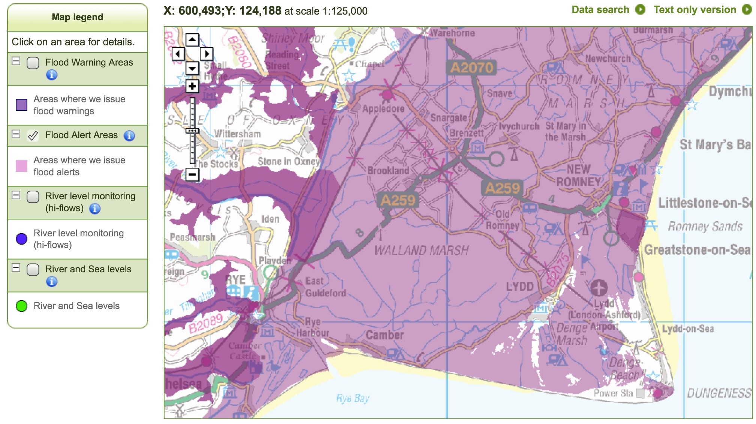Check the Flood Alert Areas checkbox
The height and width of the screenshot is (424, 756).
[x=33, y=136]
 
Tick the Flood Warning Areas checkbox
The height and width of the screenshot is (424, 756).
[x=33, y=63]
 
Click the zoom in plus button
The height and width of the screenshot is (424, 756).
[x=192, y=87]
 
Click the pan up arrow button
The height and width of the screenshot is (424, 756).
[x=192, y=39]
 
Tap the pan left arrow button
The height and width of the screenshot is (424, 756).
[x=178, y=54]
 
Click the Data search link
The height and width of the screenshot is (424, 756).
[x=600, y=10]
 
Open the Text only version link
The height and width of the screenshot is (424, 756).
[x=695, y=10]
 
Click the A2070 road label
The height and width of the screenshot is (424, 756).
[x=472, y=68]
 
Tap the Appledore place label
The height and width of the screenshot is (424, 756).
[x=383, y=109]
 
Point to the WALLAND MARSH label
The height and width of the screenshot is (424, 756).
[x=421, y=250]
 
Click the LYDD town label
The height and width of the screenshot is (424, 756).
[x=519, y=287]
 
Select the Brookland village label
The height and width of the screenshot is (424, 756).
[x=388, y=171]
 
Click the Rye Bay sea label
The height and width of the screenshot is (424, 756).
[x=353, y=398]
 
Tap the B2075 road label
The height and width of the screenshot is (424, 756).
[x=558, y=270]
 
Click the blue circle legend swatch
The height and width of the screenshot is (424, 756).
[x=21, y=239]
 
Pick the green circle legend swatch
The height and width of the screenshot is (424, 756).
[x=21, y=306]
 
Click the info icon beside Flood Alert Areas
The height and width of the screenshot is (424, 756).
[x=129, y=136]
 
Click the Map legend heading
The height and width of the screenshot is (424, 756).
[x=77, y=17]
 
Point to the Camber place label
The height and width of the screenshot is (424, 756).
[x=385, y=335]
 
